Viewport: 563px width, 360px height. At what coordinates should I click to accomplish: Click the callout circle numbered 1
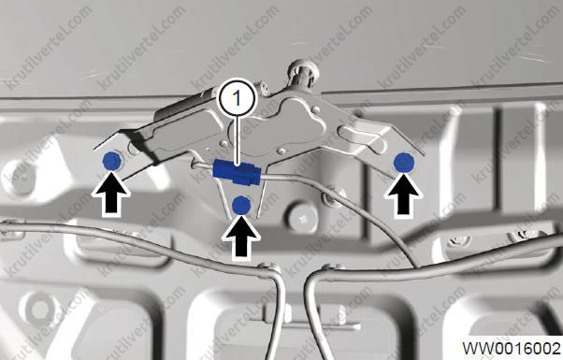click(237, 97)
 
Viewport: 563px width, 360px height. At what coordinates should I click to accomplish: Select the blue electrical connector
click(236, 172)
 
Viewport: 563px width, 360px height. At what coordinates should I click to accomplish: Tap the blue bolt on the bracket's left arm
click(111, 161)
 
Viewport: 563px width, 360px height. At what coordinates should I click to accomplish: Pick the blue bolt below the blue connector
click(241, 206)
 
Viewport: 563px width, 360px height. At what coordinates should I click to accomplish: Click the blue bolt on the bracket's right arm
click(404, 162)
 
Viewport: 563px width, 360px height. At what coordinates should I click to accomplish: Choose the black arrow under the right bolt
click(403, 194)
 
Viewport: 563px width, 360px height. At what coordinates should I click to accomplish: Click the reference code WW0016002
click(511, 348)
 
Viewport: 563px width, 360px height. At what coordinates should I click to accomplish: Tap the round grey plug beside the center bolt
click(303, 217)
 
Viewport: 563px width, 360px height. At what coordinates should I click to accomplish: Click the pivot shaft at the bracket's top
click(303, 74)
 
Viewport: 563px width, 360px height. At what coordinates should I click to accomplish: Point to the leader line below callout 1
click(237, 140)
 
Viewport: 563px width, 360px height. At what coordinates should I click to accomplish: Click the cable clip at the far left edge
click(11, 230)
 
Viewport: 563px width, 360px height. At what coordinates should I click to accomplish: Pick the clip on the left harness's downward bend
click(268, 270)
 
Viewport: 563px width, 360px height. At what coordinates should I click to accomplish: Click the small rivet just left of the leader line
click(224, 144)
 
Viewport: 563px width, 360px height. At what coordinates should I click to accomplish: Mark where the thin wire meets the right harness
click(417, 267)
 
